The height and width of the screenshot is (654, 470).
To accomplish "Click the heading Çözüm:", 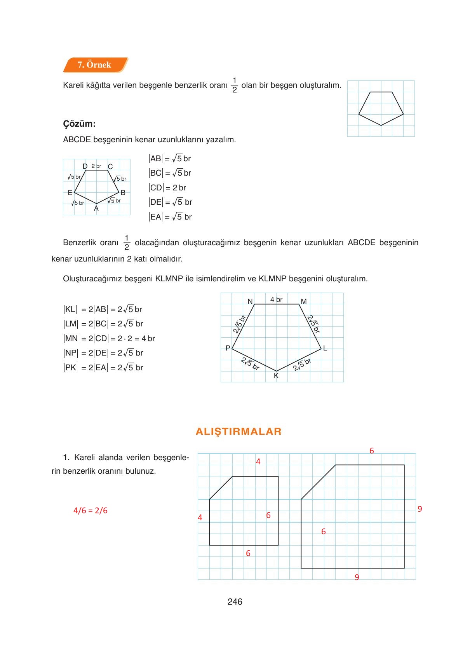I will coord(79,124).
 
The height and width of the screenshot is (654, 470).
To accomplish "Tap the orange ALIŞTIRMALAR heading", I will coord(238,431).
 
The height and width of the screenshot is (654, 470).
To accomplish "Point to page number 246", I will coord(235,602).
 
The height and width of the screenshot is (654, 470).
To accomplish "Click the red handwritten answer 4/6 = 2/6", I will coord(91,511).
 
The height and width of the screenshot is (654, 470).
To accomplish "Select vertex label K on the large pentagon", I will coord(276,376).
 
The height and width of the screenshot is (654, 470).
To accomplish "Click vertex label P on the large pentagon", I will coord(228,348).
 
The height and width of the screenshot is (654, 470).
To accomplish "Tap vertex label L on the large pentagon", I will coord(325,348).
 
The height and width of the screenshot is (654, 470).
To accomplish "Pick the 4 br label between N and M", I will coord(276,300).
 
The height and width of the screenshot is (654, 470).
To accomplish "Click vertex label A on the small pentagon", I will coord(96,208).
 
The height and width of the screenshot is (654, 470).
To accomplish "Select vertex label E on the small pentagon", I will coord(70,193).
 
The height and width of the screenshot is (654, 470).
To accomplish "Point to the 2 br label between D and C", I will coord(96,166).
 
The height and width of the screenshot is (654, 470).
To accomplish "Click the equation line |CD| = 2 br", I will coord(168,188).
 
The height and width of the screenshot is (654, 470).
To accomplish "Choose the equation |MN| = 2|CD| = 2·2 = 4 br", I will coord(110,338).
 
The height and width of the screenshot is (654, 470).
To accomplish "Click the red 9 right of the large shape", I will coord(420,509).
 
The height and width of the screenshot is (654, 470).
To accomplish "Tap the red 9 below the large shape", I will coord(357,577).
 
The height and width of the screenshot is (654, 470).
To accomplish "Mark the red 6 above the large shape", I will coord(372,451).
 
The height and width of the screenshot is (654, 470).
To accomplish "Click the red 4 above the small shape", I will coord(258,462).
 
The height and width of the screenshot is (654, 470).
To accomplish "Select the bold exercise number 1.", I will coord(66,457).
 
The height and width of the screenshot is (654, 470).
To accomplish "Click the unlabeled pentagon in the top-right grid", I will coord(381,108).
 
